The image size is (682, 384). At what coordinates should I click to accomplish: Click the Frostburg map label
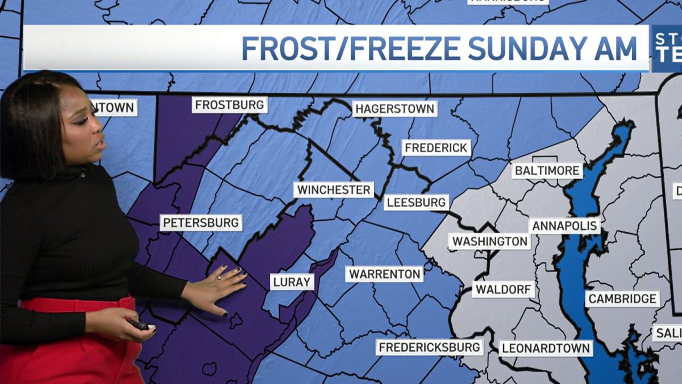230,105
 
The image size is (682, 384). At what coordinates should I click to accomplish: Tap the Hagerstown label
395,108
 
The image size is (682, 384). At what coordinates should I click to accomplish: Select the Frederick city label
436,148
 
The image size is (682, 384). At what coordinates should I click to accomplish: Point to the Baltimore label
547,170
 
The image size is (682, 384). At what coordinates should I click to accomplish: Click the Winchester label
334,189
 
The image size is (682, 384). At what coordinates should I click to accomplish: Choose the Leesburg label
416,202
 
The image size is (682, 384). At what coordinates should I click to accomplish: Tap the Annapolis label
564,225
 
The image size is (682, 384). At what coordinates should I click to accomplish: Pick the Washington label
490,241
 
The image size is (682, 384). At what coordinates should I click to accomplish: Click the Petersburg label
201,222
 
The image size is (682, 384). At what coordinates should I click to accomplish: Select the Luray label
292,282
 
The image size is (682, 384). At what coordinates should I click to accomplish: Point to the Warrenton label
385,274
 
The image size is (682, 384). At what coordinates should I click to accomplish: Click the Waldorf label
503,289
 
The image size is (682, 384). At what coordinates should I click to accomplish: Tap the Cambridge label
622,299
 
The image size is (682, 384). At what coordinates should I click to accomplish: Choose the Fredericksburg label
430,346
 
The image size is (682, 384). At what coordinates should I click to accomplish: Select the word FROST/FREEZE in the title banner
351,48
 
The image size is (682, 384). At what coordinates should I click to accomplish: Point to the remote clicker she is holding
139,325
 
